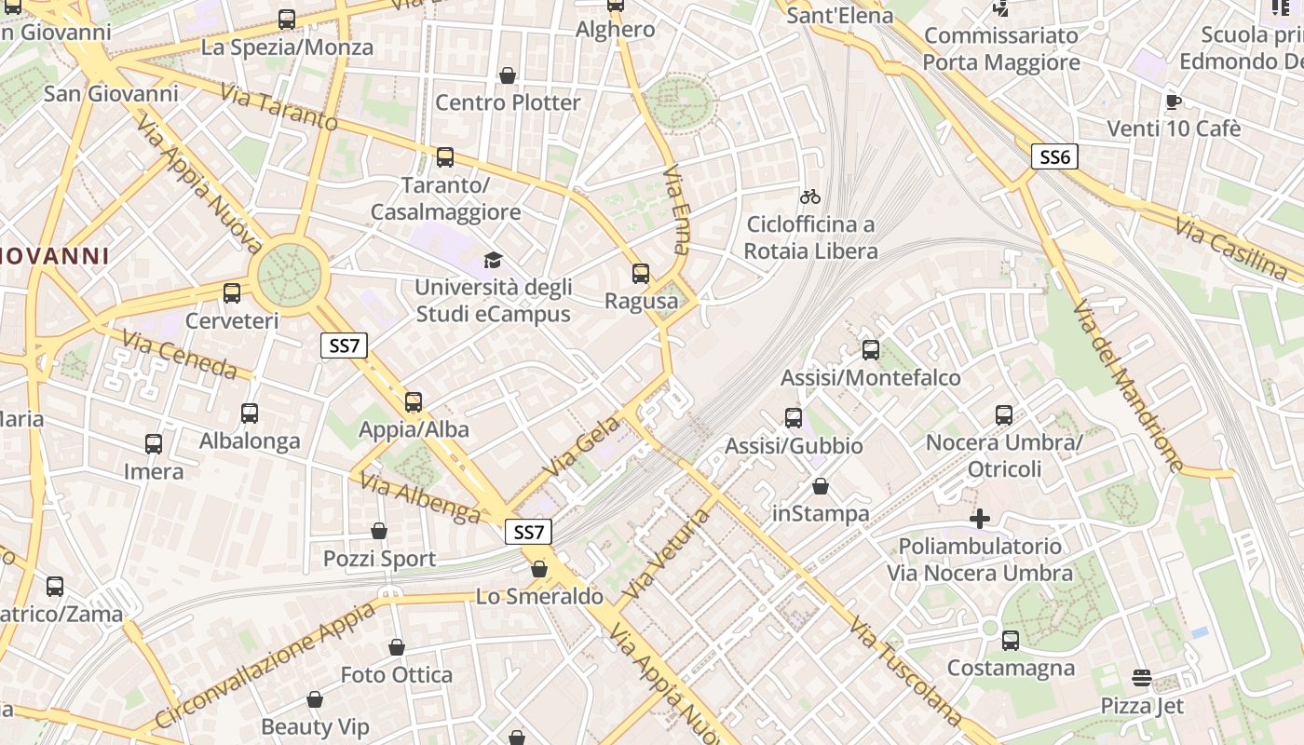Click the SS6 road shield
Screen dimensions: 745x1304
pyautogui.click(x=1054, y=156)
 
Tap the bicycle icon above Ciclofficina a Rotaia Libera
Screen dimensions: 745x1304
pyautogui.click(x=810, y=196)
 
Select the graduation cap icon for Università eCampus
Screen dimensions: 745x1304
pyautogui.click(x=492, y=260)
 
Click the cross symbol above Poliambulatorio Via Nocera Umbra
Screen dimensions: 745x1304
pyautogui.click(x=980, y=518)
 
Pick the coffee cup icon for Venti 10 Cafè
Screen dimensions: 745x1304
pyautogui.click(x=1174, y=101)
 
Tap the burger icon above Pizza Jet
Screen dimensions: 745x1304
pyautogui.click(x=1142, y=678)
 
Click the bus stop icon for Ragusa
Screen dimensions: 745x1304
pyautogui.click(x=641, y=274)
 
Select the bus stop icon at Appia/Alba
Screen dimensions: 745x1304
pyautogui.click(x=414, y=402)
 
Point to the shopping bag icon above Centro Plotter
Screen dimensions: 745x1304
pyautogui.click(x=508, y=75)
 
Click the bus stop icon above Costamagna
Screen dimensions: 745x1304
pyautogui.click(x=1011, y=641)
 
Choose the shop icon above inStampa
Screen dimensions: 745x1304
pyautogui.click(x=821, y=486)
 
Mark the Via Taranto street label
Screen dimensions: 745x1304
pyautogui.click(x=278, y=106)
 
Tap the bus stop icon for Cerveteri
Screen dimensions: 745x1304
pyautogui.click(x=232, y=293)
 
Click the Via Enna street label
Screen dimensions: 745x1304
pyautogui.click(x=677, y=210)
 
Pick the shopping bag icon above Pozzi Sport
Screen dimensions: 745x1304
pyautogui.click(x=379, y=531)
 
